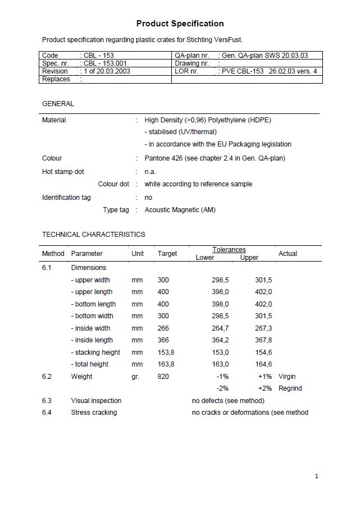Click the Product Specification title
tap(180, 24)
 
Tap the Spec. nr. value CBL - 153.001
tap(105, 63)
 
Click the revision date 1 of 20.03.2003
tap(107, 71)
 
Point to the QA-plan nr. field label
tap(192, 56)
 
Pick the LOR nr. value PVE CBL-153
tap(242, 71)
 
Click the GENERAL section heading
tap(58, 104)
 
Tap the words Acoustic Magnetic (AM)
tap(180, 210)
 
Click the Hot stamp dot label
tap(63, 172)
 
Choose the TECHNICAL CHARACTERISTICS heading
tap(93, 235)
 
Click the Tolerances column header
tap(229, 250)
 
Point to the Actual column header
tap(288, 254)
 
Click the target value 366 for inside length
tap(163, 340)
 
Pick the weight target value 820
tap(163, 377)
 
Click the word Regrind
tap(290, 388)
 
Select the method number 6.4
tap(47, 413)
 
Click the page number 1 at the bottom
tap(317, 477)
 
